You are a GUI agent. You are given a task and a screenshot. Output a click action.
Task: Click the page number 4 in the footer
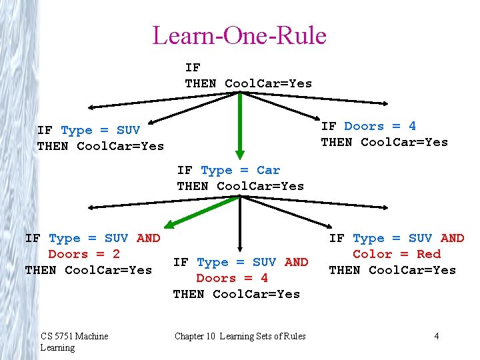[437, 336]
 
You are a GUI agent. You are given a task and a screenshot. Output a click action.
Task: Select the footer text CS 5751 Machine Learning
[73, 341]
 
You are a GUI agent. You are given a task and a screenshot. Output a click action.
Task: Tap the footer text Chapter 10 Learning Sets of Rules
[240, 336]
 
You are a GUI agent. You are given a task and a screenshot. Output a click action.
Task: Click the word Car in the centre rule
[268, 171]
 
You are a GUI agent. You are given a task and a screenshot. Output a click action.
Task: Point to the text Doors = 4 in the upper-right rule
[380, 126]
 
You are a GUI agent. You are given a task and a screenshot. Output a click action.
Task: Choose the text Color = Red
[397, 254]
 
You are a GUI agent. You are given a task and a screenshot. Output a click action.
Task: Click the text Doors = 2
[84, 254]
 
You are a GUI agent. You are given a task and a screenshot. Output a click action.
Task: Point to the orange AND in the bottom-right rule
[452, 238]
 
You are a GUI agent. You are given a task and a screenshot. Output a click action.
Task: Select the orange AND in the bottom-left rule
[148, 238]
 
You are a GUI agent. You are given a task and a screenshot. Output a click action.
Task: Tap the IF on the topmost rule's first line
[193, 67]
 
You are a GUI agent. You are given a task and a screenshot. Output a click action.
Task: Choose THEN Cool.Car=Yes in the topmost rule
[248, 83]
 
